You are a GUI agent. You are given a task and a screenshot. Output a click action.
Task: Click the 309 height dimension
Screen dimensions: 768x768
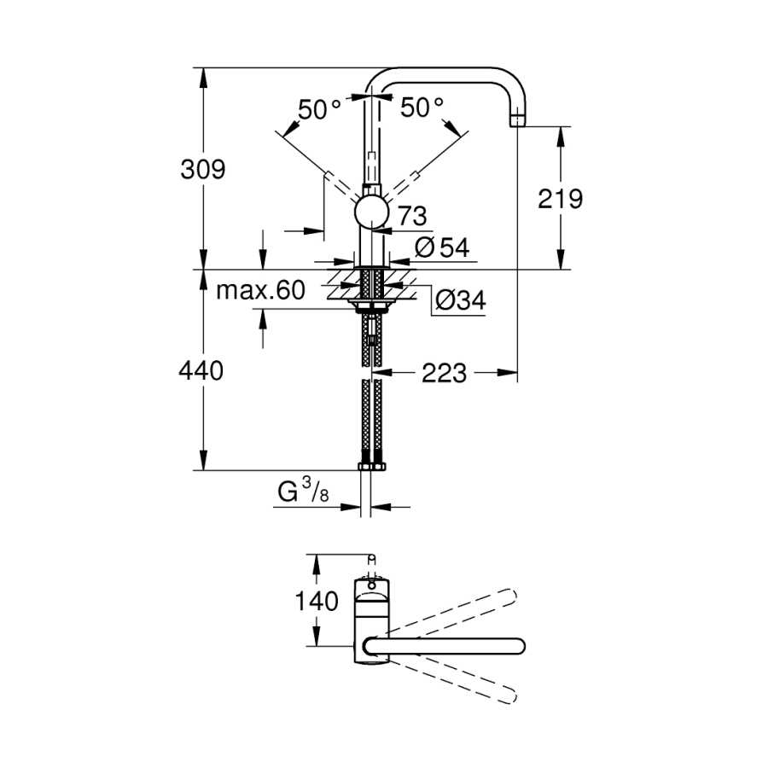203,170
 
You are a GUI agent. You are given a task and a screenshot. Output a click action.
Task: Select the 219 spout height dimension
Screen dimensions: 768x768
560,199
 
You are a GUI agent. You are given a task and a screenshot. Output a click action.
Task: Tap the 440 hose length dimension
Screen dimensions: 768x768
201,370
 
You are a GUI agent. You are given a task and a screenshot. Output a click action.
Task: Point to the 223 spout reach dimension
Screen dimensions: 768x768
445,373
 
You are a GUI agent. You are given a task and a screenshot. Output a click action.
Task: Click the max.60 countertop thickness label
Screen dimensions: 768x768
260,290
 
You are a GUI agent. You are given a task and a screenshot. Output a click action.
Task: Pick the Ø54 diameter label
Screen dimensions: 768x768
442,247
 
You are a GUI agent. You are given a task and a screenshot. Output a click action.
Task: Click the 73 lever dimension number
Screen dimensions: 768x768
412,216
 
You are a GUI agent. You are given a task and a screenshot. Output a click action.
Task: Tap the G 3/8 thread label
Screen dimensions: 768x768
303,491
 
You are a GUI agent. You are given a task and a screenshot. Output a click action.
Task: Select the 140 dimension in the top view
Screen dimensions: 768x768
317,601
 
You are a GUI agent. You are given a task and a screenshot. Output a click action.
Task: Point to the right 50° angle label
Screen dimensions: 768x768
422,107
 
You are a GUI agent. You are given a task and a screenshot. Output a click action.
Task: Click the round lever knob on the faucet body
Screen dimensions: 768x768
372,212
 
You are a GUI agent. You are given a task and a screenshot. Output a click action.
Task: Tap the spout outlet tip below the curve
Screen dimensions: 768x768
518,120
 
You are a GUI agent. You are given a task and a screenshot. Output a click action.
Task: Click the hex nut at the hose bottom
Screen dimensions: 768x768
372,466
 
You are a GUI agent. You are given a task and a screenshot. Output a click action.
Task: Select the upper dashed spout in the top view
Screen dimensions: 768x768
453,610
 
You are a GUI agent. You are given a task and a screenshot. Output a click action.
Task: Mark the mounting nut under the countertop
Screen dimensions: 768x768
372,306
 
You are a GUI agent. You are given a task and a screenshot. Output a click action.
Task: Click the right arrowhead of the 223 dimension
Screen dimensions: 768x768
508,373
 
